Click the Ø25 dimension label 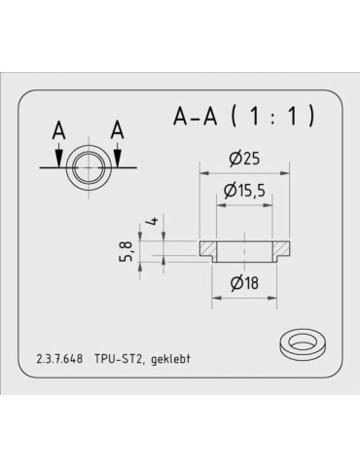point(244,158)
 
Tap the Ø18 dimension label point(244,283)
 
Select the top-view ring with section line point(89,167)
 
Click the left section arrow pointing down point(60,153)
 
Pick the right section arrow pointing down point(118,153)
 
